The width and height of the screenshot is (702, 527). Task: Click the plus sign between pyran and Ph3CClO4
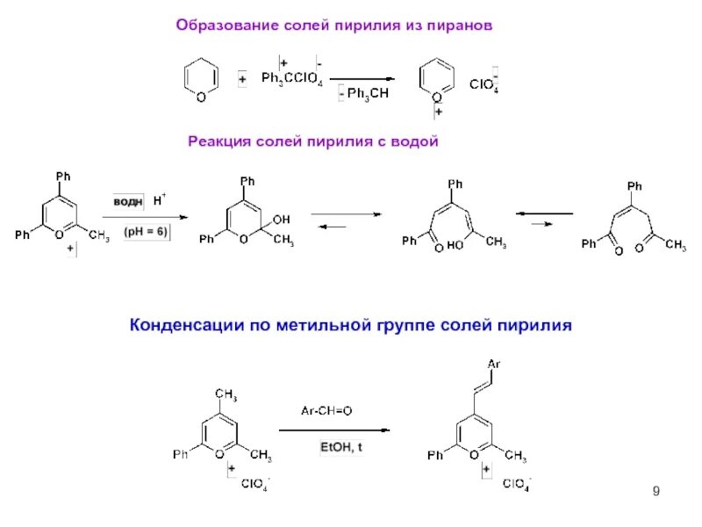241,80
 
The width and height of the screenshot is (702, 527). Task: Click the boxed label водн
128,201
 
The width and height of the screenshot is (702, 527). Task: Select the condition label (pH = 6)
148,232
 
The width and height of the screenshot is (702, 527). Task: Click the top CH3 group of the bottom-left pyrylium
226,393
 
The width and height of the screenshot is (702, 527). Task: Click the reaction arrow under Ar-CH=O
333,430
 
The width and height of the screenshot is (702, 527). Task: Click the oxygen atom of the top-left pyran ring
200,97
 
